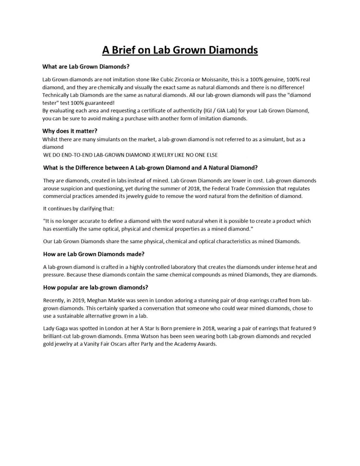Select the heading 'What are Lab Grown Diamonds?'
coord(86,67)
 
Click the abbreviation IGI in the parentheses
coord(212,110)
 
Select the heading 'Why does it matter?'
coord(70,131)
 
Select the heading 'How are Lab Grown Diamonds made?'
coord(94,254)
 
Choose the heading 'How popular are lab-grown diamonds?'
coord(95,287)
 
